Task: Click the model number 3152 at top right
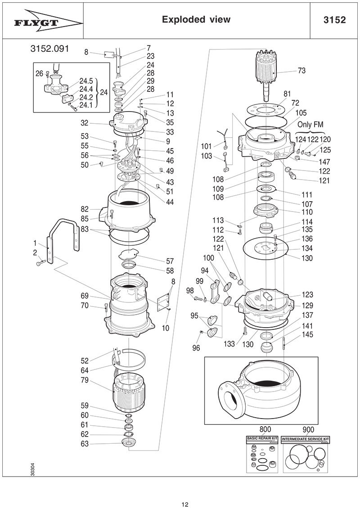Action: pyautogui.click(x=334, y=20)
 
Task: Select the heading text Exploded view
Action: pyautogui.click(x=196, y=19)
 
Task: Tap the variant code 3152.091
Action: pyautogui.click(x=49, y=49)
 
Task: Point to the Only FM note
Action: pyautogui.click(x=310, y=125)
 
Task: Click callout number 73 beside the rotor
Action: pyautogui.click(x=302, y=71)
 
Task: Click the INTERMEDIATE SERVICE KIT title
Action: pyautogui.click(x=306, y=437)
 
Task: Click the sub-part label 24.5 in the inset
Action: pyautogui.click(x=86, y=81)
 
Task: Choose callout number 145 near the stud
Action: pyautogui.click(x=307, y=335)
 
